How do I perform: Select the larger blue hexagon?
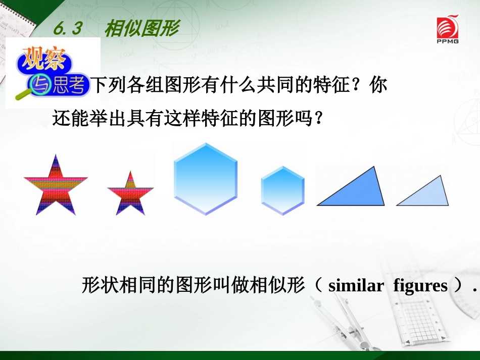(205, 178)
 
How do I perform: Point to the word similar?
(356, 286)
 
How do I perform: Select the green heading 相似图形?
(141, 29)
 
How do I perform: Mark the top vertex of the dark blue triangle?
(374, 167)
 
